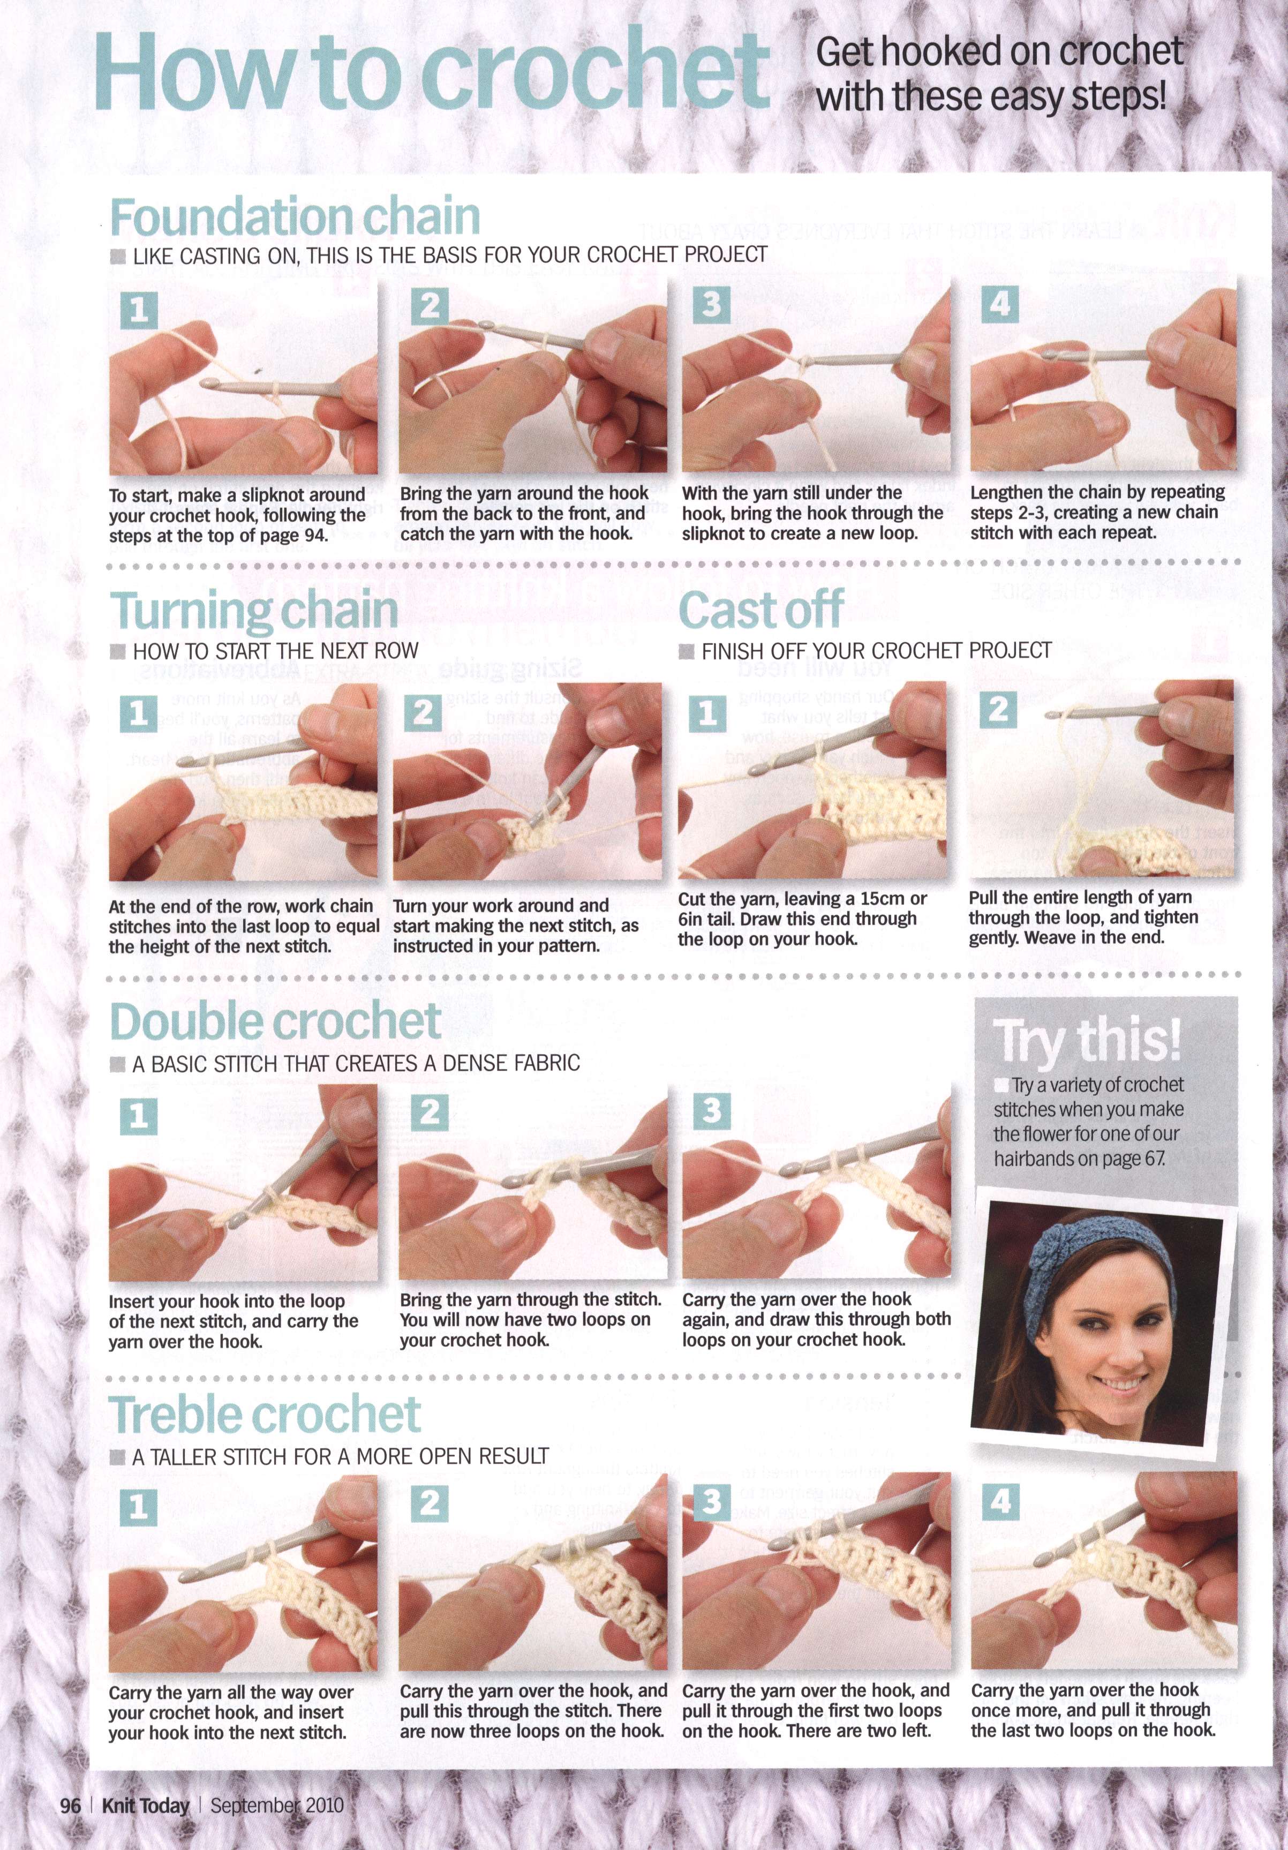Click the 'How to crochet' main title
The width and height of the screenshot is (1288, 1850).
432,72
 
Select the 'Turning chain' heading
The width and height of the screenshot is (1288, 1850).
254,611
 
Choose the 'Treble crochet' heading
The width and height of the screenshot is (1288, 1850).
265,1414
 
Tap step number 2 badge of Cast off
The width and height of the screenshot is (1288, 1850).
998,709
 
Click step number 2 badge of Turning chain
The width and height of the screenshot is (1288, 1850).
423,713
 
